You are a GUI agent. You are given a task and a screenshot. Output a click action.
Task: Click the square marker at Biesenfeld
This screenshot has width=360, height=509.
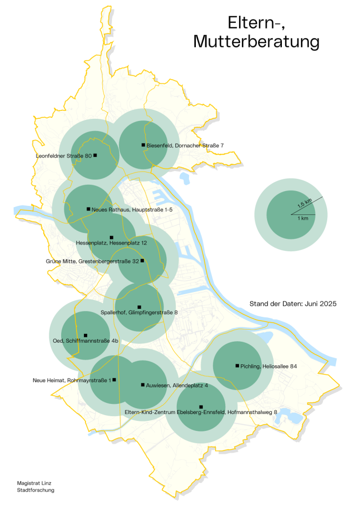[x=143, y=145]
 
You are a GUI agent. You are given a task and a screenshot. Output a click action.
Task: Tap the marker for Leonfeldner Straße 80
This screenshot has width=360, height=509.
[x=95, y=155]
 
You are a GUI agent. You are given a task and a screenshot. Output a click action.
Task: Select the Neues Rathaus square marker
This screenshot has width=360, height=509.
[x=88, y=209]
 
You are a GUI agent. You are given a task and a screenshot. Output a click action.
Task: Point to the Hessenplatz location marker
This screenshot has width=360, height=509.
[x=111, y=238]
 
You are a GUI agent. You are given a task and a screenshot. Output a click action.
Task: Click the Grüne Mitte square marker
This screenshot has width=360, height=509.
[x=142, y=260]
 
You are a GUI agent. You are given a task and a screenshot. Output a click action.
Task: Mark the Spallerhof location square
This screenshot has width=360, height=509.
[x=139, y=307]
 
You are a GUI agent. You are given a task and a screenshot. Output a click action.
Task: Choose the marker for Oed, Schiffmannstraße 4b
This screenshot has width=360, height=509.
[x=86, y=335]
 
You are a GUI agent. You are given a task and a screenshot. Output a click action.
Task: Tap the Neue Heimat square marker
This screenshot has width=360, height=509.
[x=114, y=380]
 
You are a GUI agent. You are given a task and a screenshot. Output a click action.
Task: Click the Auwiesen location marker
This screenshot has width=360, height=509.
[x=143, y=385]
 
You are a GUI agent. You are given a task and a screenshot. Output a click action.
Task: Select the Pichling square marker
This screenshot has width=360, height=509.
[x=237, y=365]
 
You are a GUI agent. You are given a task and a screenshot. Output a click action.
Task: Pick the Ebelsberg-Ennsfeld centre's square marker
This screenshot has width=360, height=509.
[x=201, y=407]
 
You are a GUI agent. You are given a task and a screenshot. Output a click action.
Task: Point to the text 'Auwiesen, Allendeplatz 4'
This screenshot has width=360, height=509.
[x=177, y=385]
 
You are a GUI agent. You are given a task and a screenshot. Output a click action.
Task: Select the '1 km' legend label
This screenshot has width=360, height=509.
[x=302, y=219]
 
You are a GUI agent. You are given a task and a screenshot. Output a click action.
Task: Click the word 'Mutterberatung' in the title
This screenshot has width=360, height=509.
[x=257, y=41]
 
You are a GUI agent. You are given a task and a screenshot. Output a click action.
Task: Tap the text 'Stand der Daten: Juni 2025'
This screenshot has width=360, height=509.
[x=293, y=304]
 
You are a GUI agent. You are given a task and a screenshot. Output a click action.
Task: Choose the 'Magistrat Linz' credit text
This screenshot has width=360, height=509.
[x=34, y=483]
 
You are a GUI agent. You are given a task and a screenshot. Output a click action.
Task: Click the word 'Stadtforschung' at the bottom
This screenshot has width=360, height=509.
[x=36, y=490]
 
